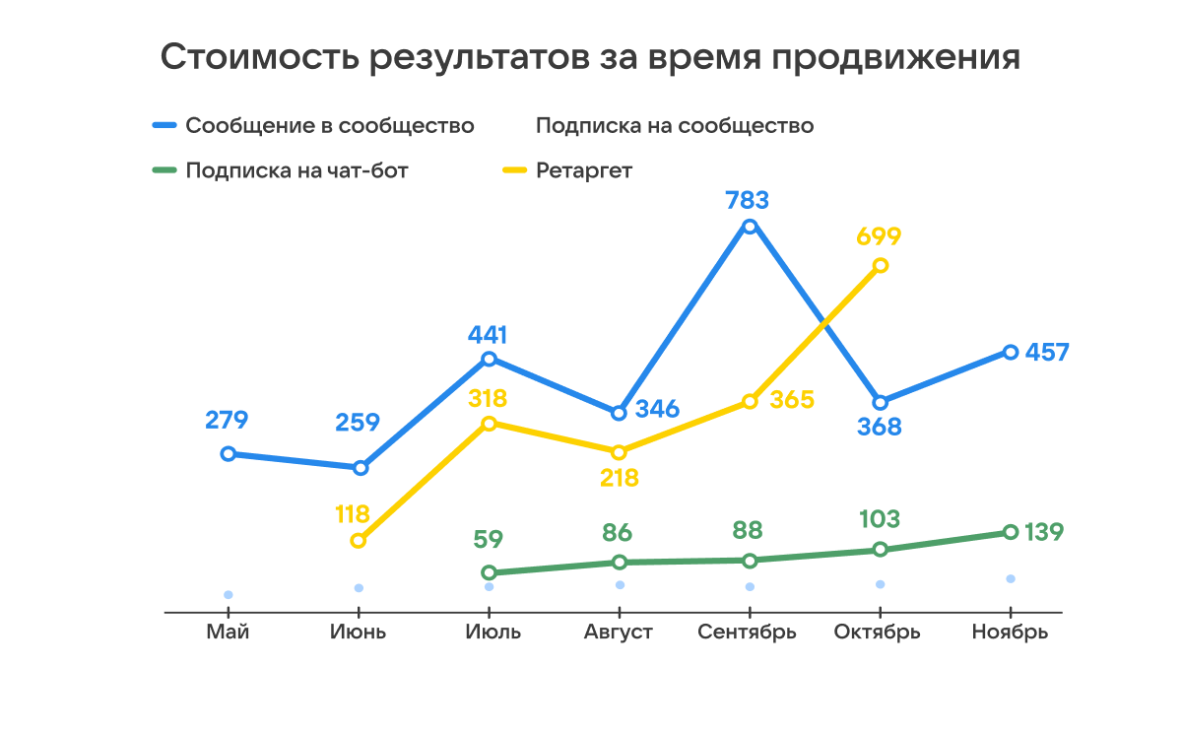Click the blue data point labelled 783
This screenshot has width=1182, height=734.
(750, 227)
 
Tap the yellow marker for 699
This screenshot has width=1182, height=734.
(881, 265)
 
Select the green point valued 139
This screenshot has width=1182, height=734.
(1011, 532)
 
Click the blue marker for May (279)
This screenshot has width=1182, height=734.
(229, 454)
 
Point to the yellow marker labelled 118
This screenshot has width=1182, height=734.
(359, 540)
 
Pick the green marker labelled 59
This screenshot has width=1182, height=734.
(489, 572)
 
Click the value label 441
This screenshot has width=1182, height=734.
(488, 334)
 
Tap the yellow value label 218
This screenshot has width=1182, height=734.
(619, 479)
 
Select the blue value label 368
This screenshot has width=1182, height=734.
(880, 429)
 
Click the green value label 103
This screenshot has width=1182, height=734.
(880, 519)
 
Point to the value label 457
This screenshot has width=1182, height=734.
(1046, 353)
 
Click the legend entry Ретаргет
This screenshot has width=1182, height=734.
(584, 170)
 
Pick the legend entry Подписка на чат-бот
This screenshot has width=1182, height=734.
(296, 170)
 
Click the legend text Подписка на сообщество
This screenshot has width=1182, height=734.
(675, 126)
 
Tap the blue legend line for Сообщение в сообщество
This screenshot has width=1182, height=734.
(164, 126)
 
